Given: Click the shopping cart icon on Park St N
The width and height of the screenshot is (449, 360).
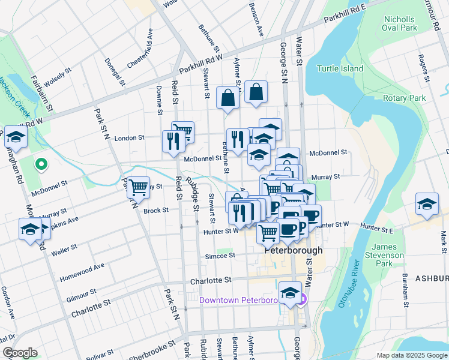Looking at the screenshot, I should point(138,187).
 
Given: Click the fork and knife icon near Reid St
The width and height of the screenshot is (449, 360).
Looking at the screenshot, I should point(172,142).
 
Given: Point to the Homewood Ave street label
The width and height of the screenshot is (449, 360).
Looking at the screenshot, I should point(82,272).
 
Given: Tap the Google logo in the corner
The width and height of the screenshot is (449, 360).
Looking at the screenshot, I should point(20,353).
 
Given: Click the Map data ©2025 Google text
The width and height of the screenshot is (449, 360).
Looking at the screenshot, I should point(411,355).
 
